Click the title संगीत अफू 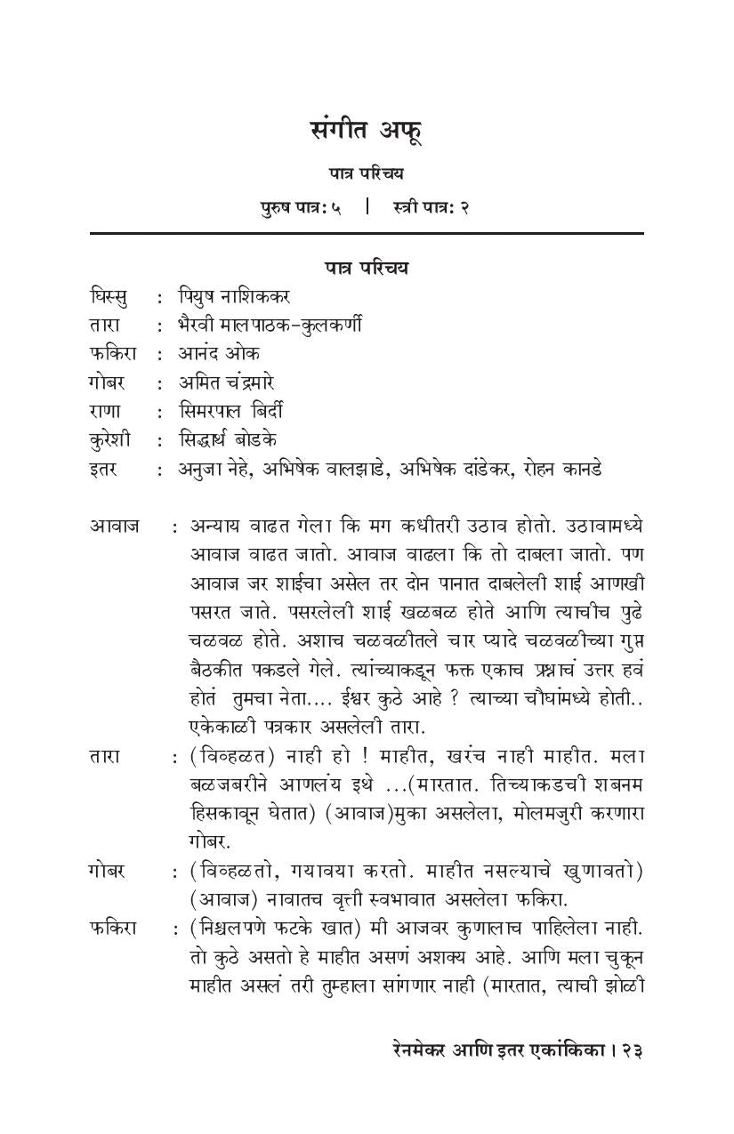click(x=366, y=131)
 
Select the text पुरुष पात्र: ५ click(x=301, y=207)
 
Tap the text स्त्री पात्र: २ click(x=431, y=207)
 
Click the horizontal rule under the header click(x=366, y=233)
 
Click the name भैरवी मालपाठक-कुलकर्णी click(x=270, y=324)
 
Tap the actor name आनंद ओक click(x=219, y=353)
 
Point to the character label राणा click(x=106, y=411)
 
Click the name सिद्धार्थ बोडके click(x=228, y=439)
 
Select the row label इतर click(x=103, y=469)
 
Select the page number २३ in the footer click(x=632, y=1050)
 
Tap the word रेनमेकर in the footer click(x=421, y=1050)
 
